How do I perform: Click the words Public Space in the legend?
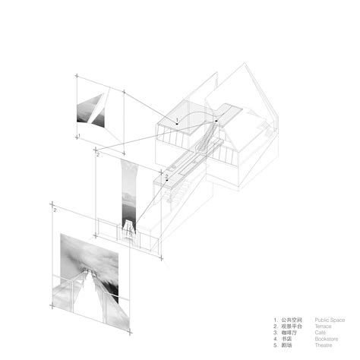tap(328, 320)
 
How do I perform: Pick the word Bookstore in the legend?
tap(326, 339)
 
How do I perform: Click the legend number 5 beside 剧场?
tap(276, 345)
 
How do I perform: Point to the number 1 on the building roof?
tap(177, 121)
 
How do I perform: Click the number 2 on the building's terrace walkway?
tap(166, 176)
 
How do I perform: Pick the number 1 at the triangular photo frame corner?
tap(78, 135)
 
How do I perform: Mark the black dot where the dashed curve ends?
tap(216, 122)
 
